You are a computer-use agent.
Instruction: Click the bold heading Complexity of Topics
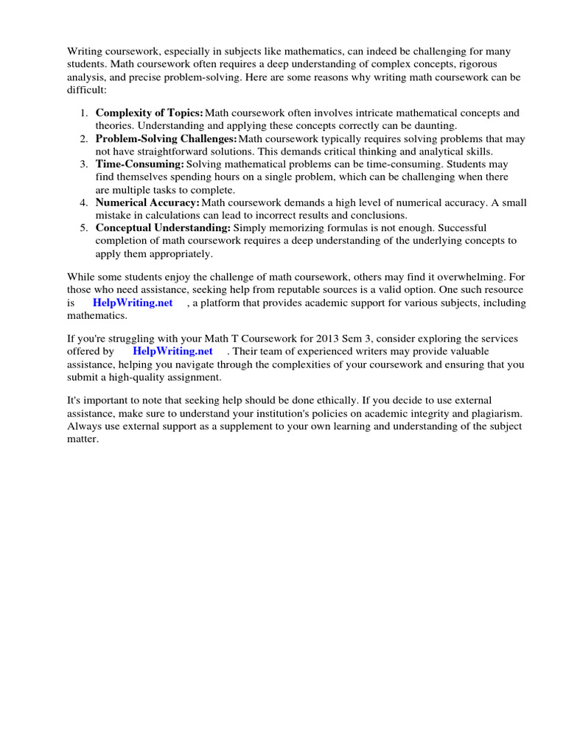(x=150, y=113)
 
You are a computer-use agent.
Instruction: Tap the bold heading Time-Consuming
(x=140, y=164)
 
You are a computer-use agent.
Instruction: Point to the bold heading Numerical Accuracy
(x=147, y=202)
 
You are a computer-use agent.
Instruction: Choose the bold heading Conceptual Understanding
(x=163, y=228)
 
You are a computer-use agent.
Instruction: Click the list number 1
(x=83, y=113)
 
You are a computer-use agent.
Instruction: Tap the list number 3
(x=83, y=164)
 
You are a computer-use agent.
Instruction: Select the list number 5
(x=83, y=228)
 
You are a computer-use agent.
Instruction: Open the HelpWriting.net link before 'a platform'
(x=133, y=303)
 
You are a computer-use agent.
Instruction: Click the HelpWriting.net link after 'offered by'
(x=172, y=351)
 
